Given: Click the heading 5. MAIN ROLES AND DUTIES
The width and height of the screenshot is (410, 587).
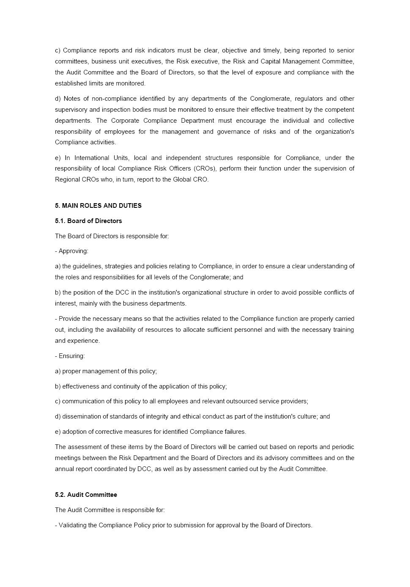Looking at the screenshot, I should pyautogui.click(x=98, y=206).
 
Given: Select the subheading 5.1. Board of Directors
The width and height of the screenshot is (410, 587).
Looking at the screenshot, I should pyautogui.click(x=88, y=221).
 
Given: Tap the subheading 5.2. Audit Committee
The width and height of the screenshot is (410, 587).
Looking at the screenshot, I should pyautogui.click(x=86, y=495).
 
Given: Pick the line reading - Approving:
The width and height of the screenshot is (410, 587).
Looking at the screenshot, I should pyautogui.click(x=71, y=251).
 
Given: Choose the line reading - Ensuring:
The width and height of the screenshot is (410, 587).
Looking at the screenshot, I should pyautogui.click(x=70, y=356).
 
